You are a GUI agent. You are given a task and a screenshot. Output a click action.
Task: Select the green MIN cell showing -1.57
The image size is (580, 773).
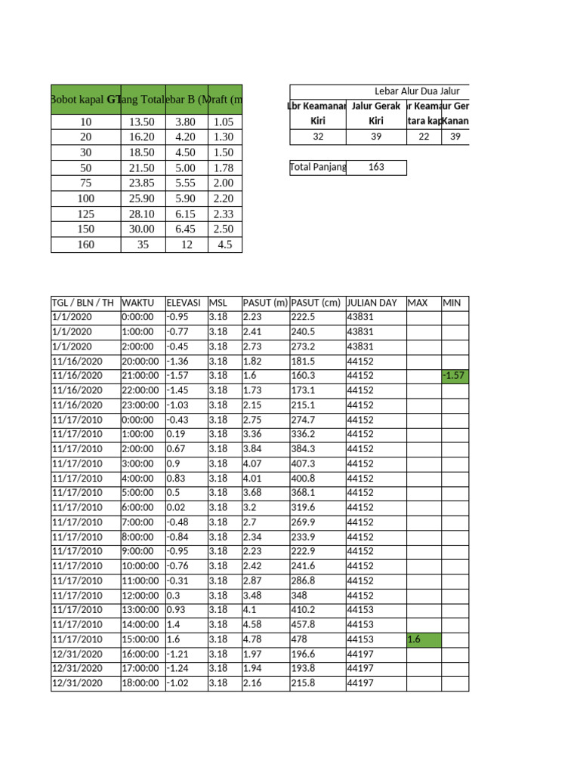coord(455,376)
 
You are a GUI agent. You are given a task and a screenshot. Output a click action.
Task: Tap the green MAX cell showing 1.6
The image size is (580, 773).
coord(423,639)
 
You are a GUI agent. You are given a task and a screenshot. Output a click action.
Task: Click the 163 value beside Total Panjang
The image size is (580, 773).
coord(376,167)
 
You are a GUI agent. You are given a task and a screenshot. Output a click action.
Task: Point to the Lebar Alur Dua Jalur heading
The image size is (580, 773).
coord(417,91)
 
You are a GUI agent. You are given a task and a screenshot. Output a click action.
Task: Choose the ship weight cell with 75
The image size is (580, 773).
coord(85,183)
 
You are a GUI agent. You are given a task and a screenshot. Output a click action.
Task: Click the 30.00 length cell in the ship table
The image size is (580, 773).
coord(142,229)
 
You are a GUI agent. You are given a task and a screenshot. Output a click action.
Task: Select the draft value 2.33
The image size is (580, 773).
coord(224,214)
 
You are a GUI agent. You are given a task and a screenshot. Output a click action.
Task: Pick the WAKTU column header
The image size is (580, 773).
coord(137,303)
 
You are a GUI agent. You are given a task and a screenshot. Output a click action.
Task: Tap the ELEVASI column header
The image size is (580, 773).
coord(183,303)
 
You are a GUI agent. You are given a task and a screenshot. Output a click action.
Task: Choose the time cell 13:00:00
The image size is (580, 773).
coord(140,610)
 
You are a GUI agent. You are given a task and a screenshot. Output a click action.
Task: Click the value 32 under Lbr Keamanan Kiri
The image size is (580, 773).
coord(316,137)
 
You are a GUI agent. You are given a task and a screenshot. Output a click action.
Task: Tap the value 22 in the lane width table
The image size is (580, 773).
coord(424,137)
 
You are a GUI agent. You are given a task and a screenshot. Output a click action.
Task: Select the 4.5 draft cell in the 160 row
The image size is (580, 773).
coord(224,245)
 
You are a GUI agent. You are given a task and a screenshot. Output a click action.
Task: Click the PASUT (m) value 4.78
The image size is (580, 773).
coord(253,639)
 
